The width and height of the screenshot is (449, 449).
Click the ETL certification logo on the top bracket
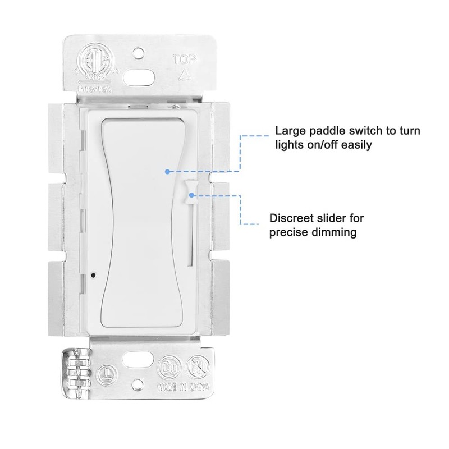pyautogui.click(x=92, y=60)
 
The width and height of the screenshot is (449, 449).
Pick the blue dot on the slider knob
pyautogui.click(x=193, y=195)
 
